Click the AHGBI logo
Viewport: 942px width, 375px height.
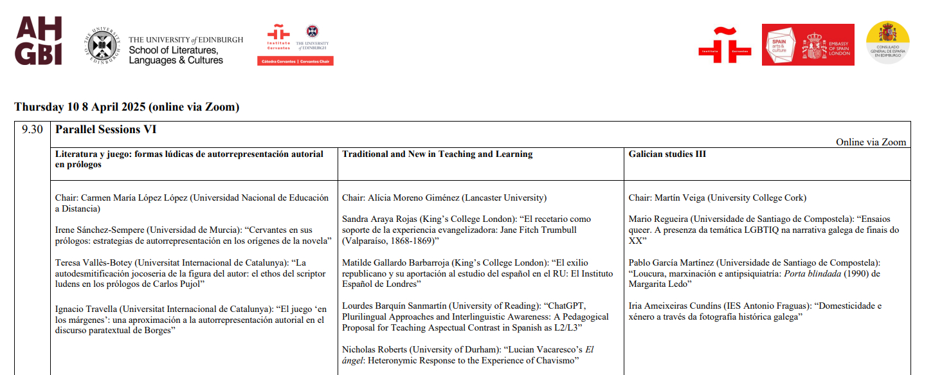[x=39, y=41]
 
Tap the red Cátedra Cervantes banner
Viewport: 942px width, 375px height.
[x=296, y=61]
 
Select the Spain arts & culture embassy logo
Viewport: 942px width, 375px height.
[x=808, y=44]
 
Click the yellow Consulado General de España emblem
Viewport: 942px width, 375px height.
[x=887, y=42]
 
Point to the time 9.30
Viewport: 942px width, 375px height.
[x=32, y=130]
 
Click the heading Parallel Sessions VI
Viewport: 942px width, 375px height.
[x=106, y=130]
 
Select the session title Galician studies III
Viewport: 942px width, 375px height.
[x=667, y=154]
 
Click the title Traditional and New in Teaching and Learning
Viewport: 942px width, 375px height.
[x=437, y=154]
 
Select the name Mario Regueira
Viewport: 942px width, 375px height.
[x=660, y=219]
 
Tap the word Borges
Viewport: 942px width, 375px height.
[x=160, y=331]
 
